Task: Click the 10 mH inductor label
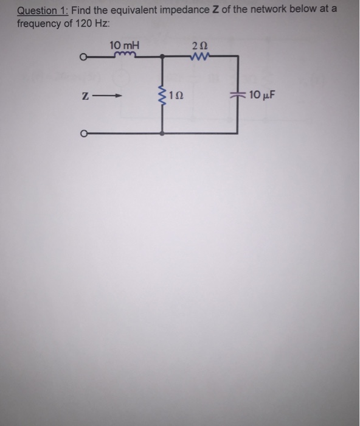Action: (x=124, y=44)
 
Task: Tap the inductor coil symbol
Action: (x=126, y=55)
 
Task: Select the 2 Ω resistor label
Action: (x=199, y=45)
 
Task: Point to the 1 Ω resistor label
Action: (x=176, y=96)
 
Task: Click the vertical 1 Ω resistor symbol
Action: (x=162, y=94)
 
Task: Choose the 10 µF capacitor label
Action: (x=263, y=95)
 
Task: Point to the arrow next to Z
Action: (x=114, y=96)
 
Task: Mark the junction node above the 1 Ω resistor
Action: (x=162, y=57)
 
